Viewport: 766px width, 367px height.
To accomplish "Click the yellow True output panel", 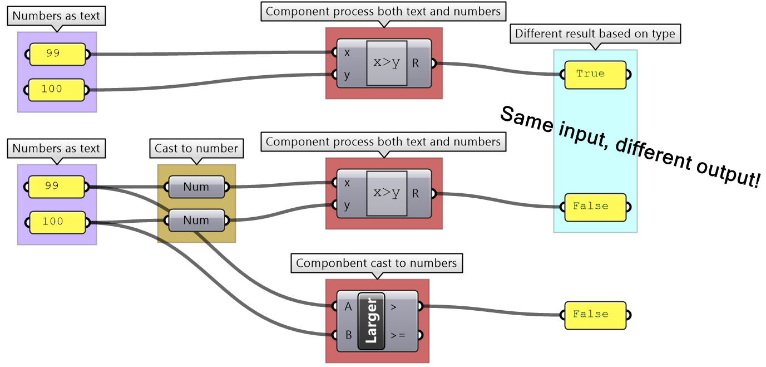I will click(x=595, y=75).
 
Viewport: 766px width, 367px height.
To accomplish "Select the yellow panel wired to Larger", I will click(x=595, y=315).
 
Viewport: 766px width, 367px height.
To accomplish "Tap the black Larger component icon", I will click(x=371, y=321).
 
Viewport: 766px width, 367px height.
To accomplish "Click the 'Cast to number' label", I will click(x=196, y=149).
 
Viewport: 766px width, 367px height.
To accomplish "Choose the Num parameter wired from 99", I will click(x=196, y=187).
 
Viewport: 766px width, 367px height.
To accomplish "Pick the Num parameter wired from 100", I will click(x=196, y=221).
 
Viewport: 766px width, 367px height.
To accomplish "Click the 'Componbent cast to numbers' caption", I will click(x=376, y=263).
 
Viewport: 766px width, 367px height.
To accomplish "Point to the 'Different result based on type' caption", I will click(x=595, y=34).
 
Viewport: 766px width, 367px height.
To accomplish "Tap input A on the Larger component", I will click(x=348, y=306).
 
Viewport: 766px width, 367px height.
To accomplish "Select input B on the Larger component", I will click(x=348, y=335).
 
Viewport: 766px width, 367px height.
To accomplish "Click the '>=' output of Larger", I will click(x=398, y=335).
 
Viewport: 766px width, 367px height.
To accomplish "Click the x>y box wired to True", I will click(x=387, y=63).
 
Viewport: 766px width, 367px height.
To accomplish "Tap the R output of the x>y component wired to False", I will click(x=415, y=194).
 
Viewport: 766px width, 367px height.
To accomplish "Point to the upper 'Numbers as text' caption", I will click(x=56, y=16).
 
